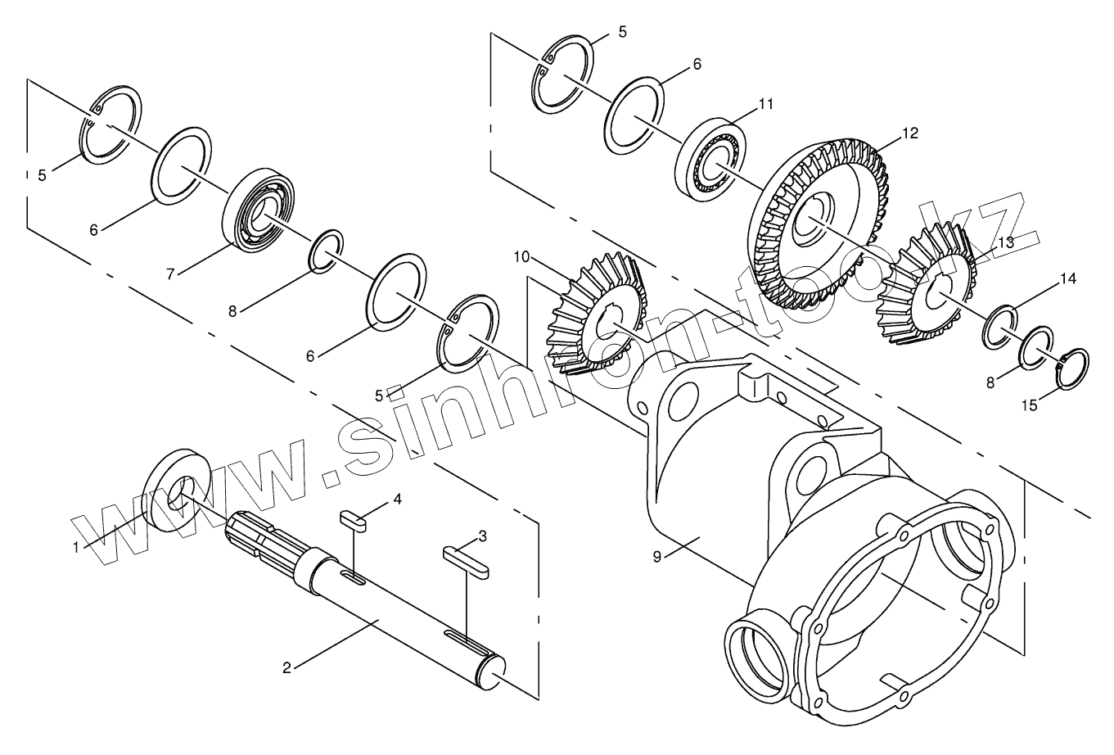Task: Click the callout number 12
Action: pyautogui.click(x=910, y=133)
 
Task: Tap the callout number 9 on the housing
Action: pyautogui.click(x=656, y=556)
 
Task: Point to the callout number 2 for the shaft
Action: pyautogui.click(x=286, y=667)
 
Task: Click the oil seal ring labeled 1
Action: pyautogui.click(x=179, y=491)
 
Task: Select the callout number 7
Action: pyautogui.click(x=170, y=274)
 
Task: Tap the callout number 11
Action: pyautogui.click(x=765, y=104)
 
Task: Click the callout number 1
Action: pyautogui.click(x=76, y=546)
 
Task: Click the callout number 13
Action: pyautogui.click(x=1005, y=243)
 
